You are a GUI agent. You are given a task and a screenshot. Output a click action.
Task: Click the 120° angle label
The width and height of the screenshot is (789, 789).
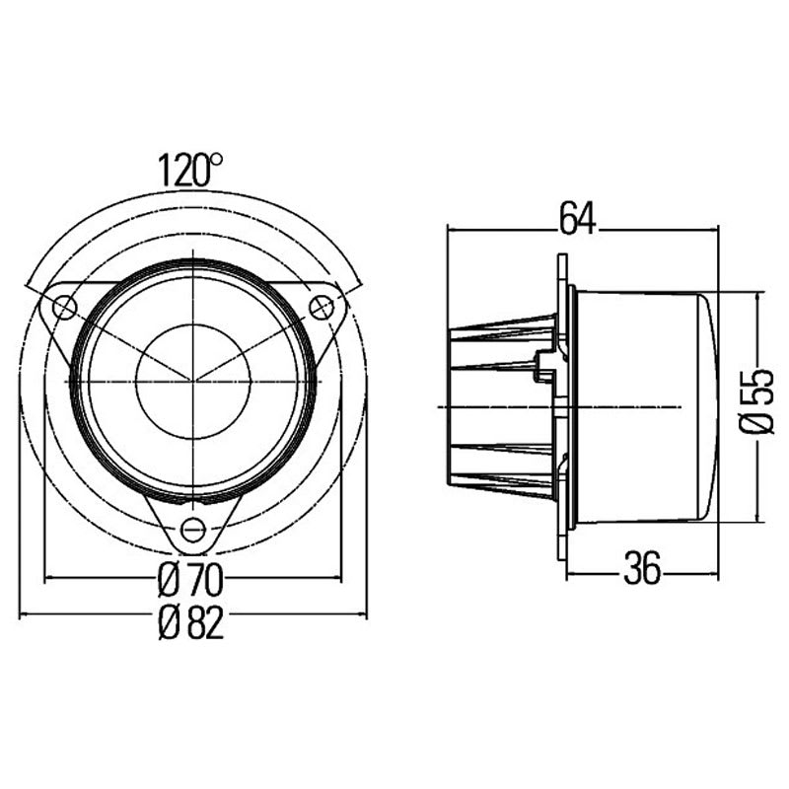pyautogui.click(x=191, y=171)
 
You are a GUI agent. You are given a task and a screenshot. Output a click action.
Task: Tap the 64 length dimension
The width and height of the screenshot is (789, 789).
pyautogui.click(x=577, y=219)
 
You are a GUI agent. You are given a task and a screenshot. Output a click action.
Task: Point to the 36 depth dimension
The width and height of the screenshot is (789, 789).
pyautogui.click(x=642, y=570)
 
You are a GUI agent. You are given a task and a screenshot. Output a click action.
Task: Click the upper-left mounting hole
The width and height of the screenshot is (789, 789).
pyautogui.click(x=64, y=308)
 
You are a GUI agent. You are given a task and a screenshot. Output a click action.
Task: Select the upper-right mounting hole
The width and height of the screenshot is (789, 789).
pyautogui.click(x=322, y=307)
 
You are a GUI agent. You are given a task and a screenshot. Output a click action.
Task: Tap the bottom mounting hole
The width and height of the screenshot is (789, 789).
pyautogui.click(x=194, y=531)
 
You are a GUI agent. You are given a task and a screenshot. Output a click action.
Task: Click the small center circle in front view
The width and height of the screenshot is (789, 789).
pyautogui.click(x=193, y=380)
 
